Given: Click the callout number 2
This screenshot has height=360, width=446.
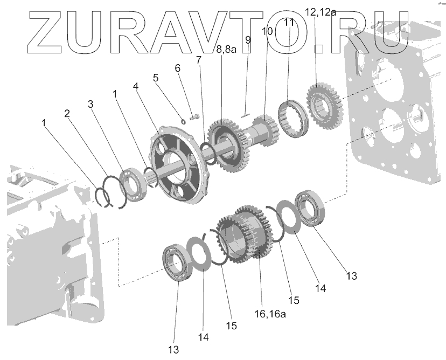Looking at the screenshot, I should point(67,114).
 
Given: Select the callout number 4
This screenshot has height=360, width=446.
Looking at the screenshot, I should point(136,86).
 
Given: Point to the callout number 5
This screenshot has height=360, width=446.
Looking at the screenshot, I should point(156,77).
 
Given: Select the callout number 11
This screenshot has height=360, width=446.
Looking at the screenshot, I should point(289,23).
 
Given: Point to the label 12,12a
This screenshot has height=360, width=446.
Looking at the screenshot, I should point(320,12).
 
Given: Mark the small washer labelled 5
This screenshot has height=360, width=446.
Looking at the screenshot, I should point(183,120).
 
